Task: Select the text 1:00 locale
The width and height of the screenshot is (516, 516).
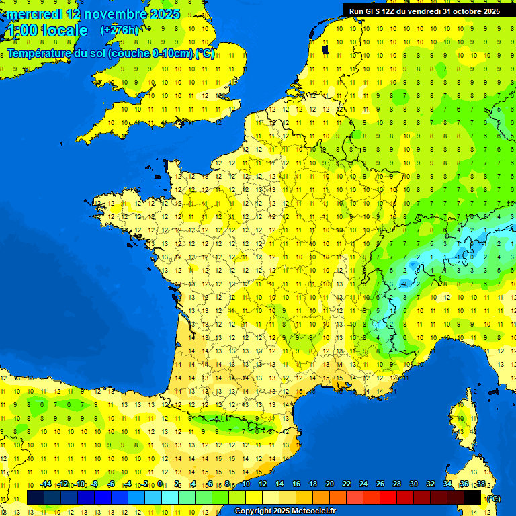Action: click(47, 30)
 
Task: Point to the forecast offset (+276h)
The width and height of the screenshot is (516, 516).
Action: click(120, 30)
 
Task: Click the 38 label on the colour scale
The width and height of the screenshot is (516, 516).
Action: click(480, 484)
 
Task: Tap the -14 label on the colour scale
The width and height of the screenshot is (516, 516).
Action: click(46, 484)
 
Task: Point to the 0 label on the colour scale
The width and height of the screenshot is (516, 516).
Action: click(161, 484)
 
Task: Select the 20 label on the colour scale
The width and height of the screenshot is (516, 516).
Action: click(329, 484)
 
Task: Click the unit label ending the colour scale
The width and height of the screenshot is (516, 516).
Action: click(493, 499)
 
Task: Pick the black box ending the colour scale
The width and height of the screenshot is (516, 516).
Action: click(473, 497)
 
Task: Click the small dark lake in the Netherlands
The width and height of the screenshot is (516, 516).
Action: click(326, 49)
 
